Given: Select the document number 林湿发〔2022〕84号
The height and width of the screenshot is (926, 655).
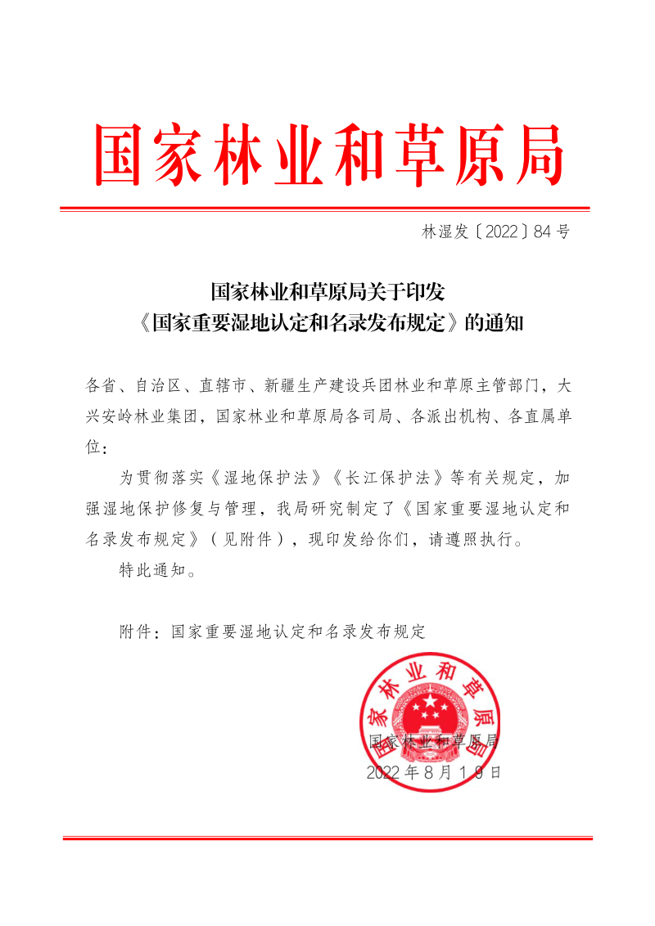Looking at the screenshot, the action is click(x=495, y=231).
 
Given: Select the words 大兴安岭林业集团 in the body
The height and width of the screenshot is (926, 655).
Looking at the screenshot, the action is click(x=142, y=416).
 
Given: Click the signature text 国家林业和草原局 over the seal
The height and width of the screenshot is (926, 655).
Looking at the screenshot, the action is click(x=434, y=741).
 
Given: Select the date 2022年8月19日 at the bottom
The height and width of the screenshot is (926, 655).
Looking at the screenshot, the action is click(x=434, y=771).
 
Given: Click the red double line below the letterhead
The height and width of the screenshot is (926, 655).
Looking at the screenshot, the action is click(x=325, y=209).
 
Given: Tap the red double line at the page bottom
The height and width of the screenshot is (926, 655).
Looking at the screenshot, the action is click(x=327, y=838).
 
